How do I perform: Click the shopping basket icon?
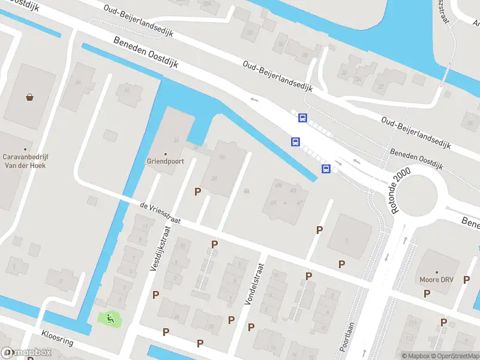point(29,97)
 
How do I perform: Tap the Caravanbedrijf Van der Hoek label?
point(25,162)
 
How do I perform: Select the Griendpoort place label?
point(165,161)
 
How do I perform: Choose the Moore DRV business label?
point(437,280)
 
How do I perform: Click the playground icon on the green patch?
point(110,319)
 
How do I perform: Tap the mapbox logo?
point(26,353)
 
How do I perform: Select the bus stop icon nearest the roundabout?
point(326,169)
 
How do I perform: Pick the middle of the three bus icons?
point(295,142)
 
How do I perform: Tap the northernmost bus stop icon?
point(302,118)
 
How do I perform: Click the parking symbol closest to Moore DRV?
point(427,293)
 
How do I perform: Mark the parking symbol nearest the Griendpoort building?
point(197,191)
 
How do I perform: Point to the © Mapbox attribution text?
point(415,356)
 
